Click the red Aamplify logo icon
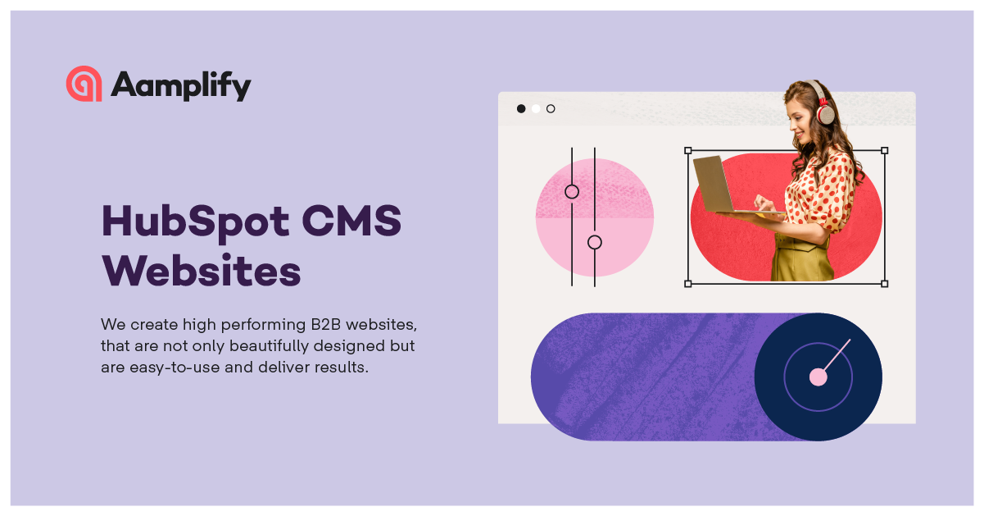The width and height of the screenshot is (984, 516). pos(84,84)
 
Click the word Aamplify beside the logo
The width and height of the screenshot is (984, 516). pos(181,85)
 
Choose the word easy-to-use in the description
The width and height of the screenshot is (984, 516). pos(175,367)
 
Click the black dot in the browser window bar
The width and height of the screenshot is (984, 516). pos(521,108)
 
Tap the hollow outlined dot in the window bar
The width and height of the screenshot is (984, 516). pos(551,108)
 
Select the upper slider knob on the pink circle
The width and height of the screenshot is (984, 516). pos(572,192)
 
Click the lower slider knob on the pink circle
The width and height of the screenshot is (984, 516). pos(595,242)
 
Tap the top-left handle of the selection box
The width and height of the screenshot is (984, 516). pos(687,151)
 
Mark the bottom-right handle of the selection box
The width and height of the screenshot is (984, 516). pos(884,284)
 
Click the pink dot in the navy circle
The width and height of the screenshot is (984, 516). pos(818,377)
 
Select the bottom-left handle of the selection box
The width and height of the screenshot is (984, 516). pos(687,284)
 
